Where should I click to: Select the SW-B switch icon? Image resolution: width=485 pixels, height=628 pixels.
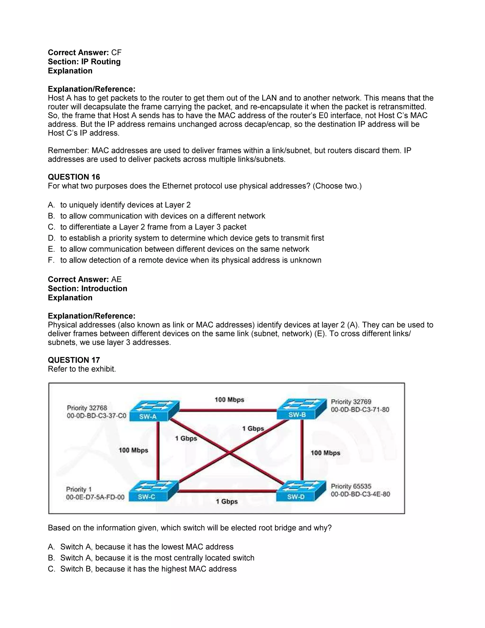[301, 409]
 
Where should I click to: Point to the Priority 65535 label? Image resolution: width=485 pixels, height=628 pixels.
[351, 486]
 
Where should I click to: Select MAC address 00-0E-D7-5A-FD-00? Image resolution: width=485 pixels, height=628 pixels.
[95, 497]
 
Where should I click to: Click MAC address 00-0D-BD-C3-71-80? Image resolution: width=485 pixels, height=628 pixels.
[360, 410]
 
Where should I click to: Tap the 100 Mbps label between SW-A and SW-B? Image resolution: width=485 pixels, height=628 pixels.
[229, 400]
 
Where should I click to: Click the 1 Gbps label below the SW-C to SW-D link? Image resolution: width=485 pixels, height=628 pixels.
[227, 501]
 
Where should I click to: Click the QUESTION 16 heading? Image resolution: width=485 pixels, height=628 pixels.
[74, 177]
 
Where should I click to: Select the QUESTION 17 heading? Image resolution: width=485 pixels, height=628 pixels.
[74, 360]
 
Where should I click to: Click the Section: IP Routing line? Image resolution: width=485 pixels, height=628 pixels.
[84, 62]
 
